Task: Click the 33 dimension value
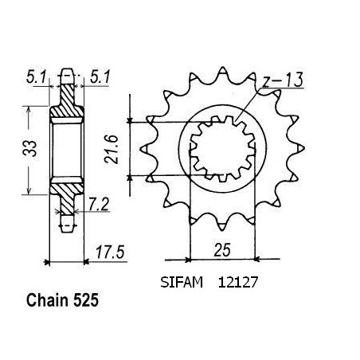29,148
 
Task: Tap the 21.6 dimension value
111,149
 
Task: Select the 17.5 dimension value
110,252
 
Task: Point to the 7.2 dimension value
99,205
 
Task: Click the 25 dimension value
223,250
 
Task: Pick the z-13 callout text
282,80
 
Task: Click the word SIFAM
182,282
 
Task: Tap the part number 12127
238,282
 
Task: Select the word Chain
48,300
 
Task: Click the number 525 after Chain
86,300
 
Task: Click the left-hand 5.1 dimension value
37,77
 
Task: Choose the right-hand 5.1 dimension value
100,77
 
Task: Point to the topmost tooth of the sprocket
222,73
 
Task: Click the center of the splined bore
222,149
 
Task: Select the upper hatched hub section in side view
67,102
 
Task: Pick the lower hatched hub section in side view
67,195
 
